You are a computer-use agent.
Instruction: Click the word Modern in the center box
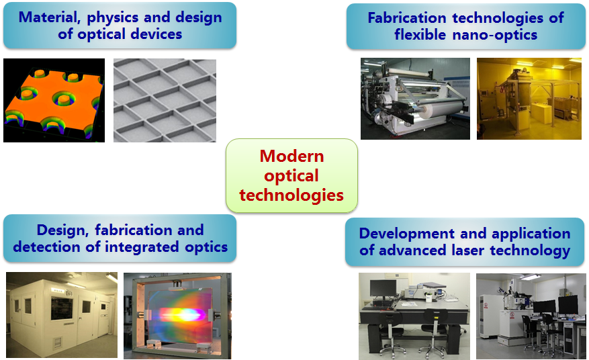[291, 156]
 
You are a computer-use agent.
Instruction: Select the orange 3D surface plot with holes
[54, 100]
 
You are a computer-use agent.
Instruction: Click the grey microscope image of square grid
[165, 100]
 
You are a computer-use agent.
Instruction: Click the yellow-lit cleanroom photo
[529, 99]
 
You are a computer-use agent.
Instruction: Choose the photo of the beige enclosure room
[62, 315]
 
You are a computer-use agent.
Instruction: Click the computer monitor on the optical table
[383, 289]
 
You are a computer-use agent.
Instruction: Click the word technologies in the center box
[291, 195]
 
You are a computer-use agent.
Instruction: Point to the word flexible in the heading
[420, 35]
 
